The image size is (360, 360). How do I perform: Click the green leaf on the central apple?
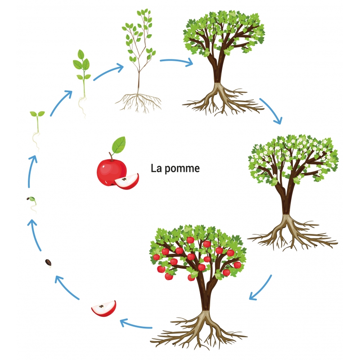118,145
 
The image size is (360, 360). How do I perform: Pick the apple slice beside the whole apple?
127,181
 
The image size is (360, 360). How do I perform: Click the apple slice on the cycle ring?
103,309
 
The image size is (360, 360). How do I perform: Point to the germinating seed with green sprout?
32,201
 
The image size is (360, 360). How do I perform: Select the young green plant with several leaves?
82,76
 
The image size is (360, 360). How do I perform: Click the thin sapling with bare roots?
139,54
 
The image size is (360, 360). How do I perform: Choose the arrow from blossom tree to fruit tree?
261,288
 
